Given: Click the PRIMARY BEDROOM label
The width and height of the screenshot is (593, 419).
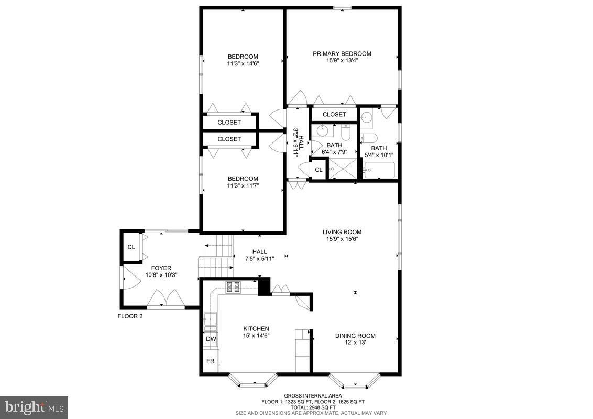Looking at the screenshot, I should point(342,53).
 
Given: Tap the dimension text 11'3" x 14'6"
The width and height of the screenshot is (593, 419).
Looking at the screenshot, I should point(243,63).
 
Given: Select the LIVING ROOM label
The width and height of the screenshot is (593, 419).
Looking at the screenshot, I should point(342,232).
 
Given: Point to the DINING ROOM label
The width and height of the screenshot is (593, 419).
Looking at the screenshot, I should point(355,336).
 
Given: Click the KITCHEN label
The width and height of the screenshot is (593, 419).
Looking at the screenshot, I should point(256,328).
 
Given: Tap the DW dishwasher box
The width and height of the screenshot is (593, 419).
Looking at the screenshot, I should point(211,339).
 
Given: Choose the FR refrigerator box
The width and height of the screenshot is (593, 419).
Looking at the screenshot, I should point(211,361).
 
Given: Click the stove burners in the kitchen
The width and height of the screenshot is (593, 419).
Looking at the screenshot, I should point(233,286).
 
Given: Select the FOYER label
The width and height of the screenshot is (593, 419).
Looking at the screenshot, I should point(161,268).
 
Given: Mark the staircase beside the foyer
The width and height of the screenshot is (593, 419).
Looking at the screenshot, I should point(216,257).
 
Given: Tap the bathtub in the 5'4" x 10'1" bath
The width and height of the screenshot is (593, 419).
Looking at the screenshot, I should point(379,170).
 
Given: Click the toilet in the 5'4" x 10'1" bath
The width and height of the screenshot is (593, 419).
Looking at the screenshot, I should point(369,138).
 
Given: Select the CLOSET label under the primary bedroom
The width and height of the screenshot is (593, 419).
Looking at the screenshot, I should point(334,114).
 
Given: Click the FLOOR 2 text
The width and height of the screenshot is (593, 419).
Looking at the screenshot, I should point(129,316).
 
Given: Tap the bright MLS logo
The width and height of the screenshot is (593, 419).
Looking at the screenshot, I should point(34,407).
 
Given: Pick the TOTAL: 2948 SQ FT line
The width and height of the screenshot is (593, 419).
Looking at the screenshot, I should point(313,407).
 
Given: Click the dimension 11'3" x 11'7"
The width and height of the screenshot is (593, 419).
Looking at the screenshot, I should point(243,185).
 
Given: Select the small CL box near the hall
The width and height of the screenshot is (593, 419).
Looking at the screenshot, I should point(319,169).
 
